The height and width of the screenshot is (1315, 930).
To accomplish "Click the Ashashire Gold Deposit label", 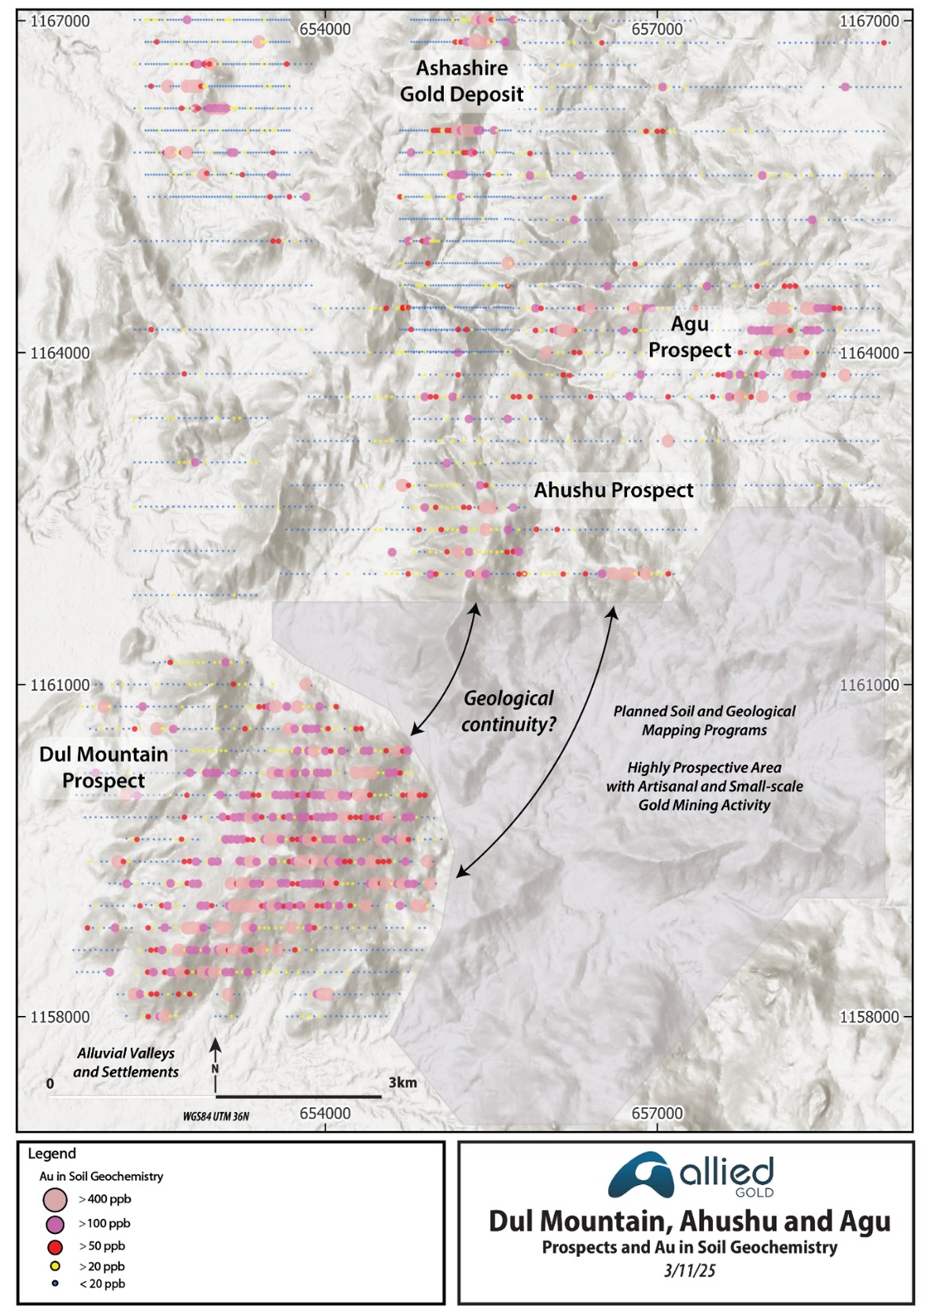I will coord(461,81).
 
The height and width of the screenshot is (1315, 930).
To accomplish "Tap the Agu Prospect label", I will coord(689,337).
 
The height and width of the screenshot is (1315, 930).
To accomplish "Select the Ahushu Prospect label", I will coord(613,490).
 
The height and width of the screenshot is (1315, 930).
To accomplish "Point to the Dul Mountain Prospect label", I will coord(104,767).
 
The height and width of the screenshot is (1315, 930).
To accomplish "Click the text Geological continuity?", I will coord(508,711).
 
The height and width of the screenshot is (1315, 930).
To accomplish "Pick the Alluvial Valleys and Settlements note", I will coord(126,1063).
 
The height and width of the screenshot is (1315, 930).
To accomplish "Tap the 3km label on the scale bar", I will coord(402,1083).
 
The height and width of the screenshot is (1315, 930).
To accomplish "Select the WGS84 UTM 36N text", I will coord(216,1116).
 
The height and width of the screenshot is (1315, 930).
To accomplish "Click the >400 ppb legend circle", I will coord(55,1199).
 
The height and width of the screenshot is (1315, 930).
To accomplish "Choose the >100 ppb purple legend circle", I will coord(55,1224).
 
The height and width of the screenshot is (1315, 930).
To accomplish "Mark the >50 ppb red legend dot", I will coord(55,1246).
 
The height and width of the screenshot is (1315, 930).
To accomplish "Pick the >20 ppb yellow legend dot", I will coord(55,1267).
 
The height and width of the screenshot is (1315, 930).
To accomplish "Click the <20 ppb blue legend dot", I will coord(55,1283).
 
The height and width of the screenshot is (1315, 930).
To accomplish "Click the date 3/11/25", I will coord(689,1271).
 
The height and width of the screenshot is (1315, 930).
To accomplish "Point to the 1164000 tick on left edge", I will coord(59,353).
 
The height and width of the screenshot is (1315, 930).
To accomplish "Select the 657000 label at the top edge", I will coord(656,29).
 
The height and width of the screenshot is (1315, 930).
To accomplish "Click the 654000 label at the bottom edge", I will coord(325,1113).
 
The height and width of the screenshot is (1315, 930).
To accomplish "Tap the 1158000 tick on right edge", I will coord(869,1017).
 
